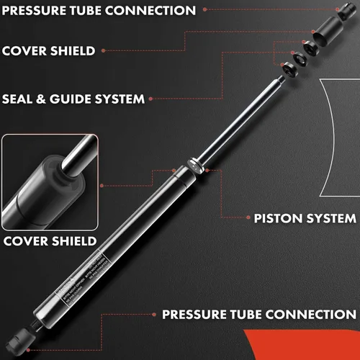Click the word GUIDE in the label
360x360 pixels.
tap(76, 98)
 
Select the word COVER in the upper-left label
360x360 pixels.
tap(26, 51)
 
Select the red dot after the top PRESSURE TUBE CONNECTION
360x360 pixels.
tap(204, 11)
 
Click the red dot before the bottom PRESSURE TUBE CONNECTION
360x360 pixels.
tap(152, 315)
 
